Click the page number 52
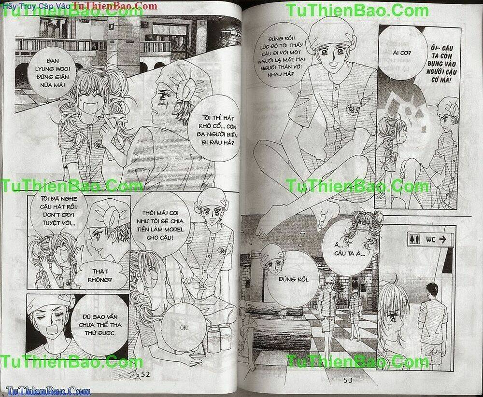[145, 375]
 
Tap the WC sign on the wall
[425, 238]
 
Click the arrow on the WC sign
[443, 238]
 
